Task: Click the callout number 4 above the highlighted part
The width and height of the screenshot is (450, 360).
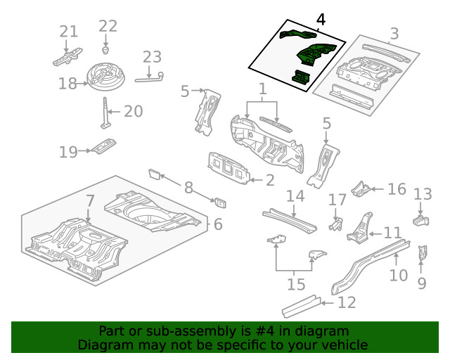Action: [x=321, y=20]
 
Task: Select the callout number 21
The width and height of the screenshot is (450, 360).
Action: [x=68, y=32]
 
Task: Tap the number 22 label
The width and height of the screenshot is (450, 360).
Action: [x=108, y=26]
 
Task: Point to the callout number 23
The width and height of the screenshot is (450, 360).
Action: [x=152, y=57]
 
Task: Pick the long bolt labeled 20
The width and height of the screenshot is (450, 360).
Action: [x=106, y=113]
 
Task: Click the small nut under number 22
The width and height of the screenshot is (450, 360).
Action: [x=105, y=50]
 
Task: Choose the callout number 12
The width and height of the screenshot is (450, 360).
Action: [x=347, y=303]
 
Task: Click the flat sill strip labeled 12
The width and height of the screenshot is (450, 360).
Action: [x=301, y=305]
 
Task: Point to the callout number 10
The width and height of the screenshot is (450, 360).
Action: [x=398, y=274]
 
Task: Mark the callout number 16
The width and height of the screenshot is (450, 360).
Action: [x=397, y=188]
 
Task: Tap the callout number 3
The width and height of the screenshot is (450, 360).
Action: [x=394, y=33]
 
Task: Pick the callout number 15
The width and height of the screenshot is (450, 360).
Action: [x=296, y=285]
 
